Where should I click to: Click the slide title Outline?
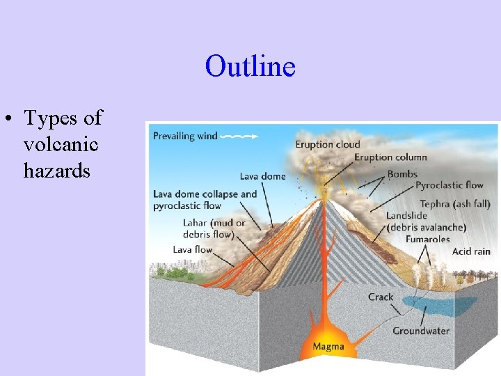pos(250,67)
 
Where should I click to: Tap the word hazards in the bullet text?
pos(56,170)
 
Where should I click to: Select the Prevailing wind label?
pos(185,136)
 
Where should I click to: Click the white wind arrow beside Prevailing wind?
pos(239,136)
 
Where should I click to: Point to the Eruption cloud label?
pos(328,144)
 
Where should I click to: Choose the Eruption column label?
pos(390,157)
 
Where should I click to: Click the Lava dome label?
pos(262,176)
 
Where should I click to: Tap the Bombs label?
pos(402,173)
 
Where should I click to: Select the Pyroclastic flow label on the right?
pos(449,185)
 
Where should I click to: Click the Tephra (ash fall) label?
pos(455,204)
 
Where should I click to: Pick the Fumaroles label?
pos(428,239)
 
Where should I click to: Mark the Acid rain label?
pos(471,251)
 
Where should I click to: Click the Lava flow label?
pos(192,249)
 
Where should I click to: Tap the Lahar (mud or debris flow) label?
pos(214,228)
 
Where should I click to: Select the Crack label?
pos(381,297)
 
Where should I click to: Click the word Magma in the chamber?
pos(328,347)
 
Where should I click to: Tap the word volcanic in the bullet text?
pos(61,144)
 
